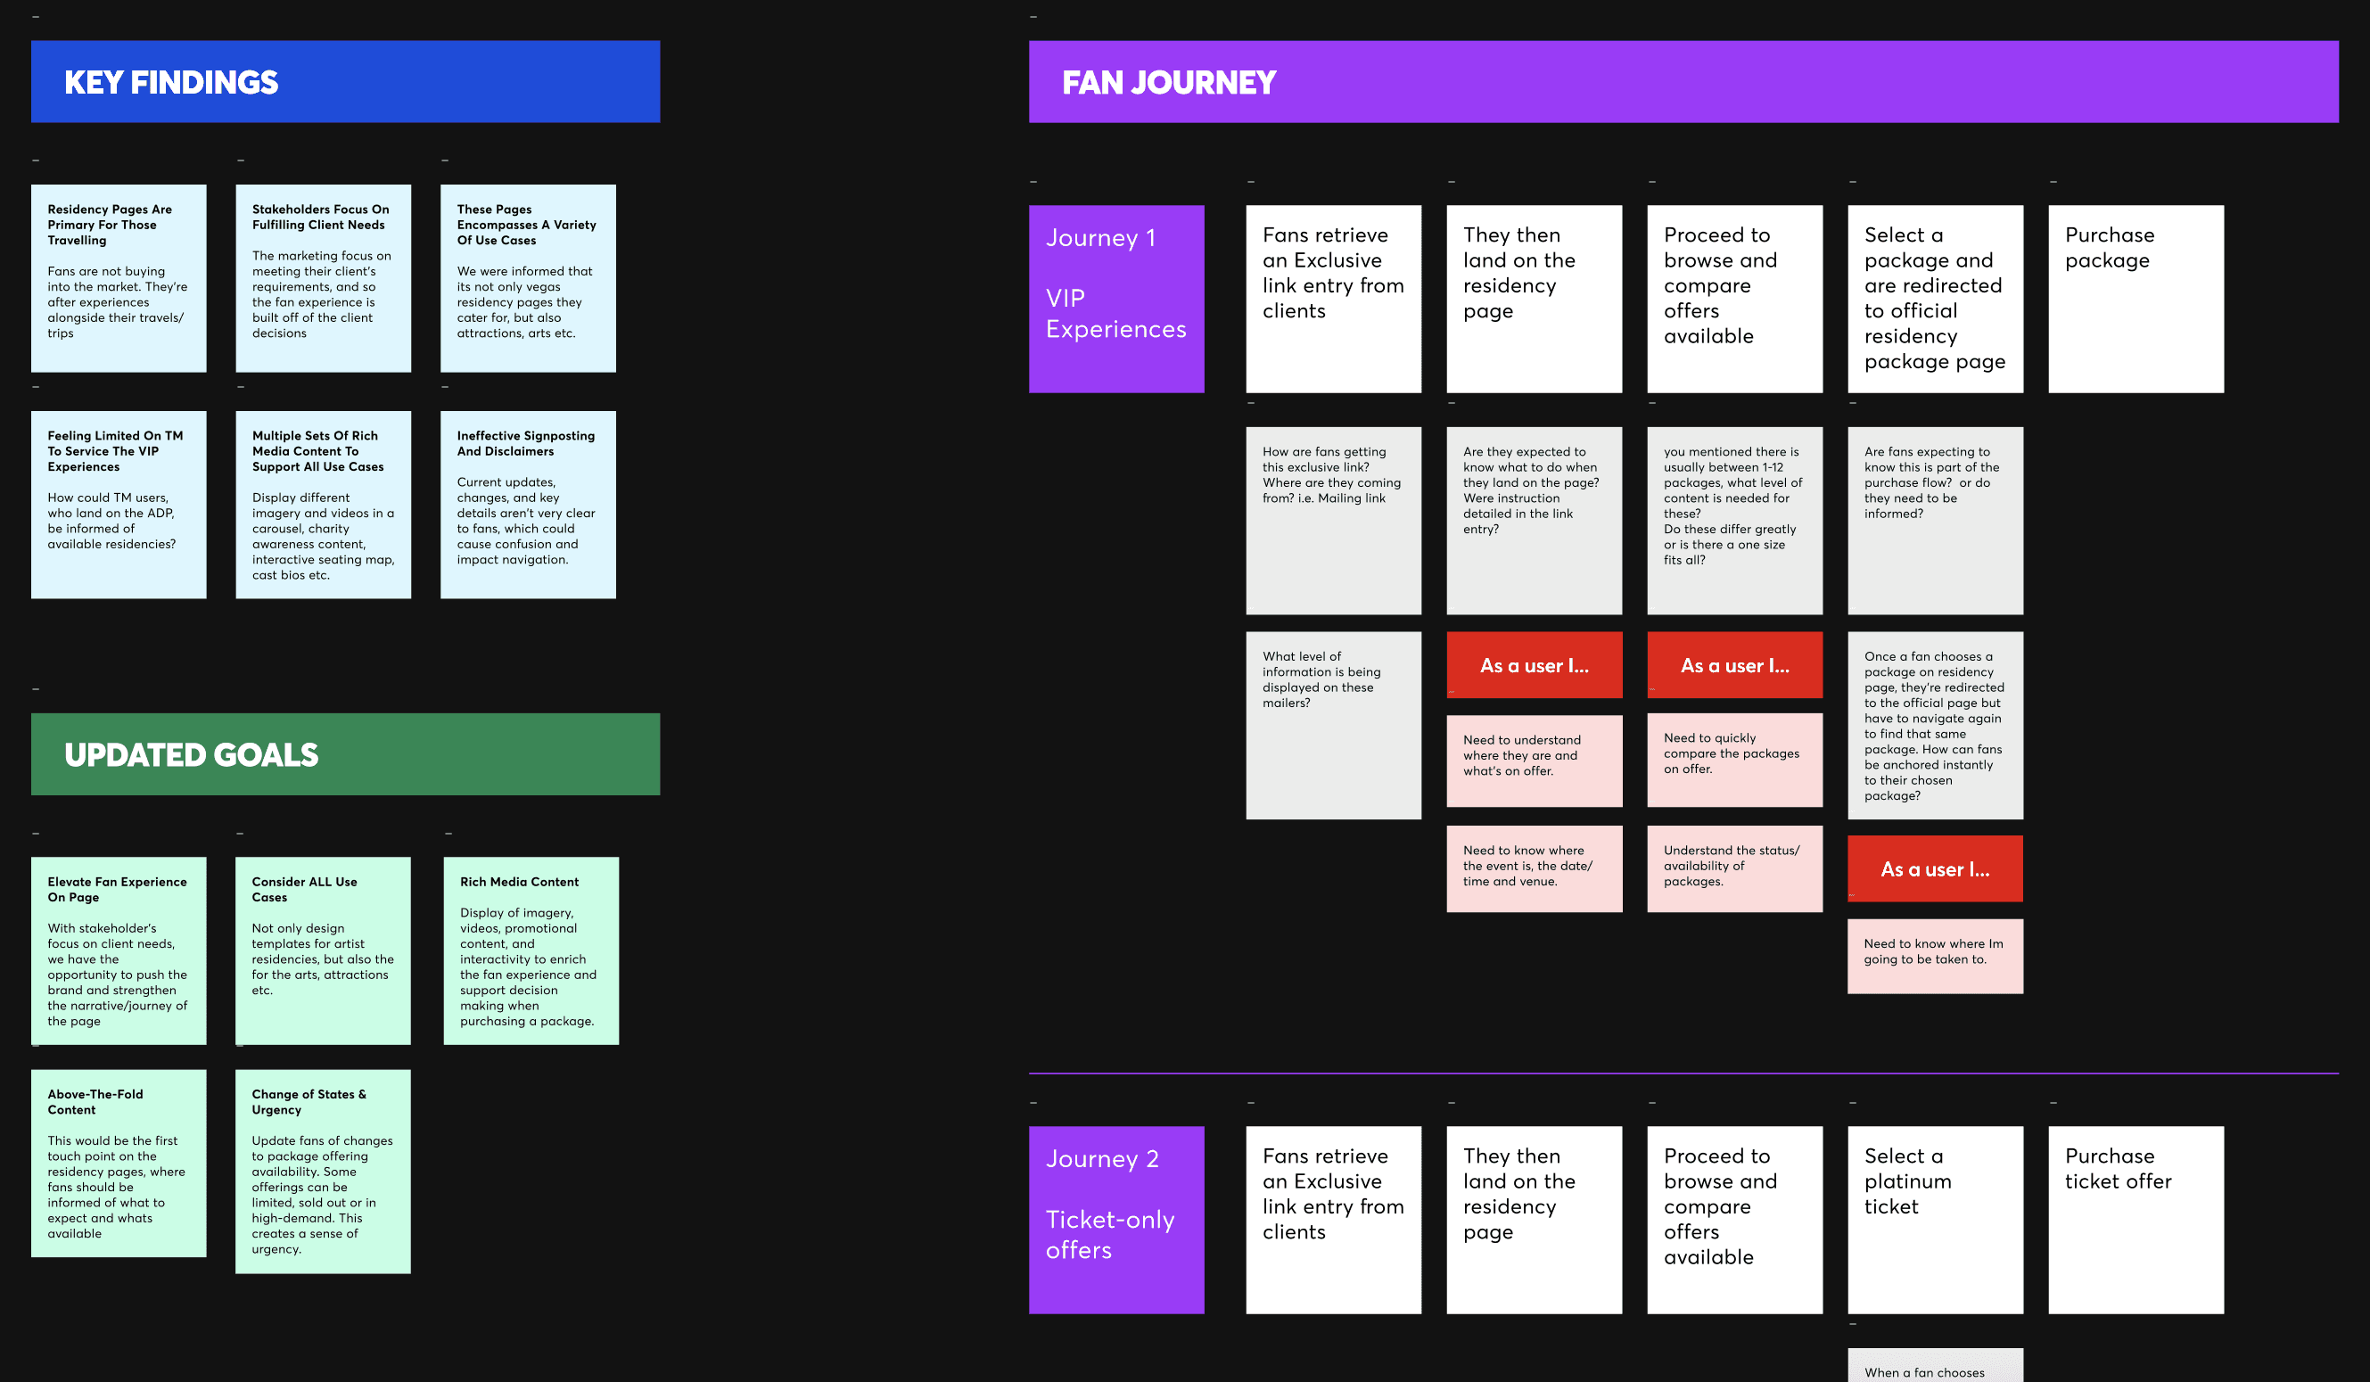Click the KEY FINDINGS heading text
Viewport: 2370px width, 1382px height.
click(171, 83)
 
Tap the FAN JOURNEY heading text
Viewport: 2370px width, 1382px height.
click(1168, 83)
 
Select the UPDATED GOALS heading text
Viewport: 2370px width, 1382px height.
click(191, 755)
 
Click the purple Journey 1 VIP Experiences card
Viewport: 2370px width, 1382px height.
click(1115, 299)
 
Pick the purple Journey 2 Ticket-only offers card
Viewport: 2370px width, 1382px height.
click(1115, 1220)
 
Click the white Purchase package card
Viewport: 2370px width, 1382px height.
click(2135, 299)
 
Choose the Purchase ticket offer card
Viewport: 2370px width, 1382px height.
click(2135, 1220)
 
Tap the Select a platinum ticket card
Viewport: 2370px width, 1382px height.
click(1935, 1220)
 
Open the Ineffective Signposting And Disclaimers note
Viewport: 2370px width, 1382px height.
click(528, 504)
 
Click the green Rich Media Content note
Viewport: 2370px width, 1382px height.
click(531, 950)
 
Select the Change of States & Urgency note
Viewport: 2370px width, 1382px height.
click(323, 1171)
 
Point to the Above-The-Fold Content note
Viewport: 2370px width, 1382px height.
click(119, 1163)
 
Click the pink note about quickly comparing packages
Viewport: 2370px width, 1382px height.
click(1734, 760)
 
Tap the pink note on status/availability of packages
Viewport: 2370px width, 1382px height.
click(1734, 868)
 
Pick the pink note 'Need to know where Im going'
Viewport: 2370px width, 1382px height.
click(1935, 955)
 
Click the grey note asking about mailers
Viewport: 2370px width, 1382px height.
click(1333, 725)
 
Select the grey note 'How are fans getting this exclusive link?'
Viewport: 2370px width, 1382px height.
click(1333, 520)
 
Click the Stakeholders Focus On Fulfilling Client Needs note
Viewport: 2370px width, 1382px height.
click(323, 277)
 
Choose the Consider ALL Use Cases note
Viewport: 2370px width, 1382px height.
click(323, 950)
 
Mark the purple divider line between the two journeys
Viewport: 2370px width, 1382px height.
click(1683, 1073)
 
